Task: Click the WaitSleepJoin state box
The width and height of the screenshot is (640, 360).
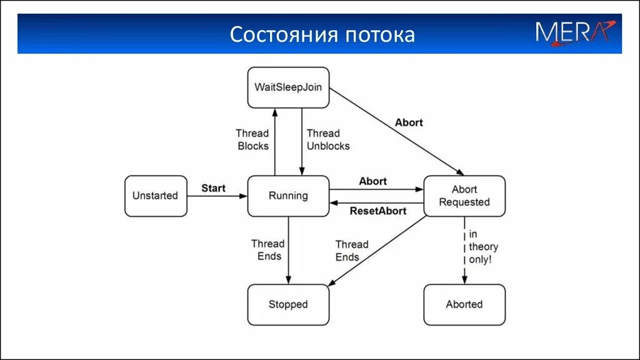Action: [x=288, y=87]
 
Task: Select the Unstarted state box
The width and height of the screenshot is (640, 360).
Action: [x=156, y=196]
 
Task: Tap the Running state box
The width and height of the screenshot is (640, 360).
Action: [x=288, y=196]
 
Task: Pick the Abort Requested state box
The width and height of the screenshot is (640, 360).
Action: [x=464, y=196]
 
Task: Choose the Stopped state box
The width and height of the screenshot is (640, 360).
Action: [x=288, y=304]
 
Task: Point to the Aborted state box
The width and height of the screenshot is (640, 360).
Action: [x=464, y=304]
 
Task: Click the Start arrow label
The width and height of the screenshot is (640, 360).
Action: [x=213, y=187]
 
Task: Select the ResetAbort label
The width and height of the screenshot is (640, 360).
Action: [x=377, y=211]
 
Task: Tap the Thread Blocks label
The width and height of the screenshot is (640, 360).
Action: [x=252, y=139]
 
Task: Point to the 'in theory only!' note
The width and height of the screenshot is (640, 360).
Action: [x=483, y=247]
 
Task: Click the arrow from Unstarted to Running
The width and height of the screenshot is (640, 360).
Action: [x=217, y=196]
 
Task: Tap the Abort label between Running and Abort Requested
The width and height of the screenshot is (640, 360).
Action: [x=372, y=181]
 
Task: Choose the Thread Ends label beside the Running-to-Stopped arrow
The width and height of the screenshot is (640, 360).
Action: [x=268, y=250]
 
